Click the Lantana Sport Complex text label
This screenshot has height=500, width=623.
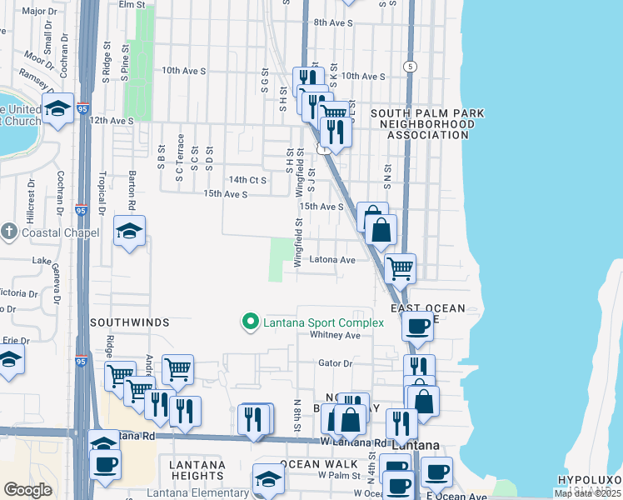[x=324, y=322]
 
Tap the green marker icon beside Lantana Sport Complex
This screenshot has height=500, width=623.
[x=248, y=322]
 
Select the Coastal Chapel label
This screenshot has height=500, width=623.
[x=46, y=231]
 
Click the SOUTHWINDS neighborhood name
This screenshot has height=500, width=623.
[x=130, y=322]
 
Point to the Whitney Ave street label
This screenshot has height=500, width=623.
[x=335, y=335]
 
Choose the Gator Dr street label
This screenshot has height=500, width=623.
[x=336, y=362]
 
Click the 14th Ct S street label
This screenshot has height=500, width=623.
[x=247, y=179]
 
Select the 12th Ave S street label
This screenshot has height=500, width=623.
[x=112, y=121]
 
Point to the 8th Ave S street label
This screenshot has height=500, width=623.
[x=333, y=22]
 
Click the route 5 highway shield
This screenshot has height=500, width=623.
[x=409, y=65]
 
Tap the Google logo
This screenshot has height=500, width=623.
[x=27, y=490]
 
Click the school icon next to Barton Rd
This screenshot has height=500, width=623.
[x=129, y=232]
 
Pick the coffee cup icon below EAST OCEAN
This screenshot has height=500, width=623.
[x=417, y=325]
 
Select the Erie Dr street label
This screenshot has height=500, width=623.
[x=16, y=340]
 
